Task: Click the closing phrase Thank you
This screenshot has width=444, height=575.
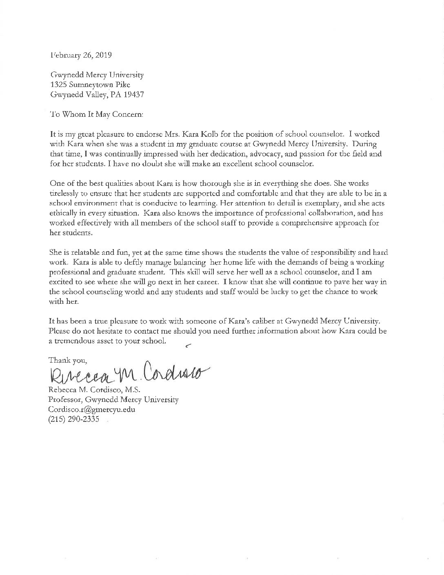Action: coord(67,360)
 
